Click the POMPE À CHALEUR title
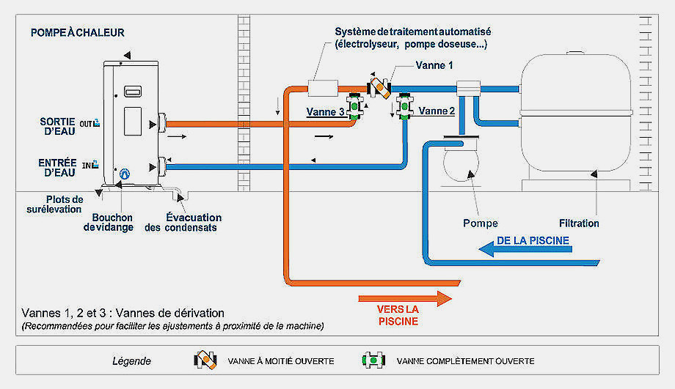(x=78, y=33)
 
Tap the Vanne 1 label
(x=434, y=65)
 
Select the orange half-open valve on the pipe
(x=379, y=87)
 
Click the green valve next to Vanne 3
(x=354, y=105)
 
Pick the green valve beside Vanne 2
(x=405, y=106)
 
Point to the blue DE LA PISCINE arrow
(x=525, y=249)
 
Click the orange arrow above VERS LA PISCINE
(x=405, y=299)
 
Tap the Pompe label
(x=481, y=223)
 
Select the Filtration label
(x=579, y=223)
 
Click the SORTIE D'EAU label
(x=58, y=127)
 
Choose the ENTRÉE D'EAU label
(x=57, y=168)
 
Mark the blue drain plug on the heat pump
(x=125, y=174)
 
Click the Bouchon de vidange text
(x=108, y=222)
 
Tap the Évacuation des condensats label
(x=183, y=222)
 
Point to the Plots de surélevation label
(x=55, y=204)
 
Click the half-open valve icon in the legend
(x=205, y=360)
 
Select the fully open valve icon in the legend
(x=373, y=360)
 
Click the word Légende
(x=132, y=361)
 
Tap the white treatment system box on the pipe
(x=323, y=89)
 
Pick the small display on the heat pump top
(x=133, y=92)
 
